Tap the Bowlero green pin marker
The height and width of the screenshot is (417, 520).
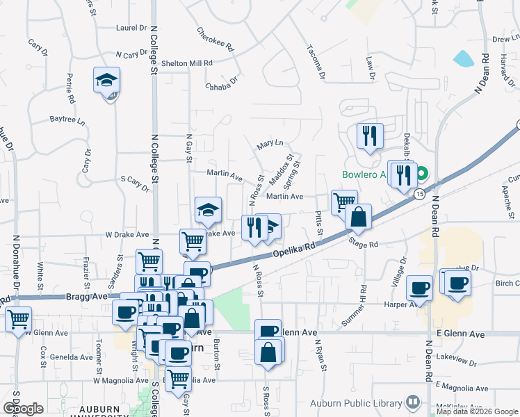pos(421,174)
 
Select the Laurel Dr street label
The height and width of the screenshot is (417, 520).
pos(132,28)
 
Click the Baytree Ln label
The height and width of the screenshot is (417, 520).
pos(67,120)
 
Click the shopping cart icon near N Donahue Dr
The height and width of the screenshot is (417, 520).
pos(18,319)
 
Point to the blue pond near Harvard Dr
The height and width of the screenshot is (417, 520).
pos(463,59)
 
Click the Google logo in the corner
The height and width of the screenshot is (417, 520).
pos(22,409)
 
